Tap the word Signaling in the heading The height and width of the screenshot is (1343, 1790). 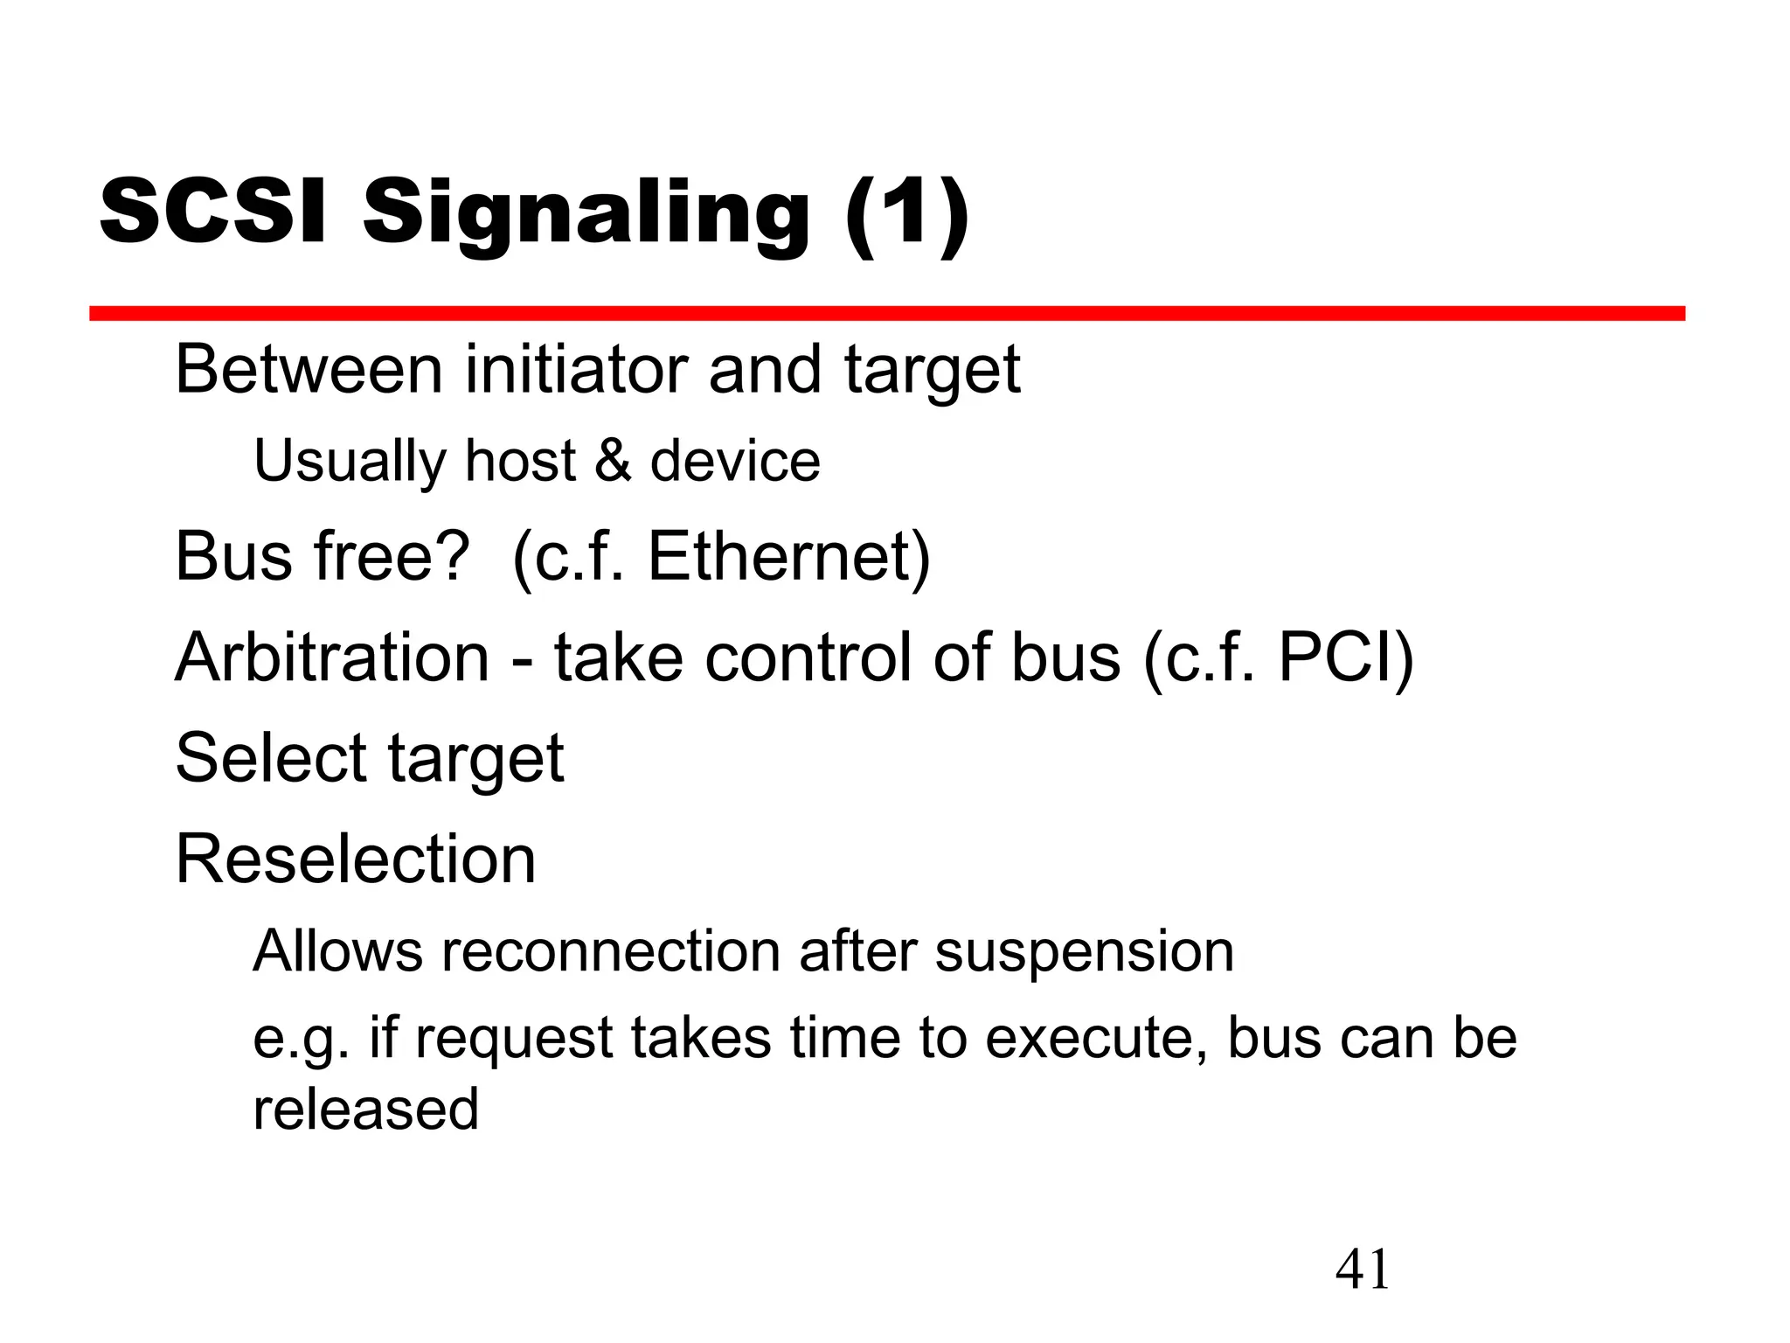click(x=586, y=215)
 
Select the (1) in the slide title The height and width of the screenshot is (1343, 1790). click(x=906, y=213)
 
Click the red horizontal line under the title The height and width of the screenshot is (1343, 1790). click(x=886, y=313)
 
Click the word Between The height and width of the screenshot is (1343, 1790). click(x=309, y=369)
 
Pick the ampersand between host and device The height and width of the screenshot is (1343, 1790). click(x=613, y=461)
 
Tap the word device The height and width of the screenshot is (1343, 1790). click(x=735, y=461)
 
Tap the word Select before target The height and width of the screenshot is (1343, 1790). click(x=271, y=757)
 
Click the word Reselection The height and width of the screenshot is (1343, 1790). click(x=356, y=859)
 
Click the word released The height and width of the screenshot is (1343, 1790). click(x=365, y=1109)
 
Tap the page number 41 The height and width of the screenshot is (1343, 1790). click(x=1362, y=1270)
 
